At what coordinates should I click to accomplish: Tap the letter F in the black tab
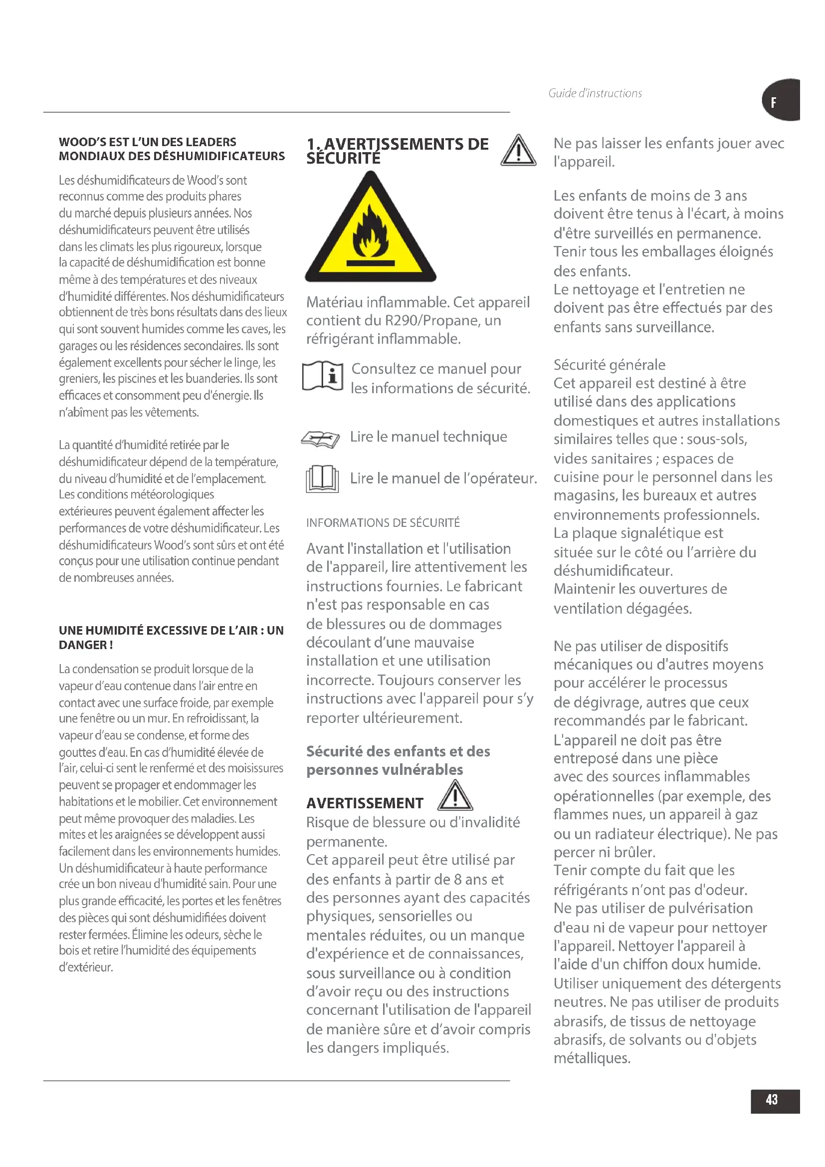(x=773, y=103)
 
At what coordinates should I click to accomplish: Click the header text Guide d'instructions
(x=595, y=93)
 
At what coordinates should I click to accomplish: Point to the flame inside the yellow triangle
(x=371, y=234)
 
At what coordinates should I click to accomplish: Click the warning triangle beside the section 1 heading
(x=518, y=151)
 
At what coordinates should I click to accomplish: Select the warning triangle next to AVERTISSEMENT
(x=455, y=796)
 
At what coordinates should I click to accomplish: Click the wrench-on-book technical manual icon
(x=320, y=439)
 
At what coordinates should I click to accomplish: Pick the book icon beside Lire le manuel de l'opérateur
(x=322, y=479)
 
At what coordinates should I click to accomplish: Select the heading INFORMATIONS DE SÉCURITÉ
(x=383, y=522)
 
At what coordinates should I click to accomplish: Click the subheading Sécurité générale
(x=609, y=364)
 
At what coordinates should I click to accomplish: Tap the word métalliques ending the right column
(x=592, y=1058)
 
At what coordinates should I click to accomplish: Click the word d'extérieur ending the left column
(x=86, y=967)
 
